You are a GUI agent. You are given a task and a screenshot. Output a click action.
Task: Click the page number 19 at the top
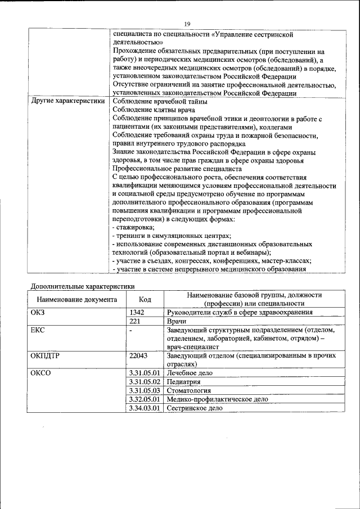[x=187, y=23]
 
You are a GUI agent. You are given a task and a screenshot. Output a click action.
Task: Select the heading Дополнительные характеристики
[x=82, y=286]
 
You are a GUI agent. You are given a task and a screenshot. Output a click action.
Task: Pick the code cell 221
[x=135, y=321]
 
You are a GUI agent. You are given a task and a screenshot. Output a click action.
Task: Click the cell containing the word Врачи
[x=178, y=321]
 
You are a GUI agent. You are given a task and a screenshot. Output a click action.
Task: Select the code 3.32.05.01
[x=145, y=399]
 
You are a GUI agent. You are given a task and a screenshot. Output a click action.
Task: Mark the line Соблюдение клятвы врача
[x=151, y=110]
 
